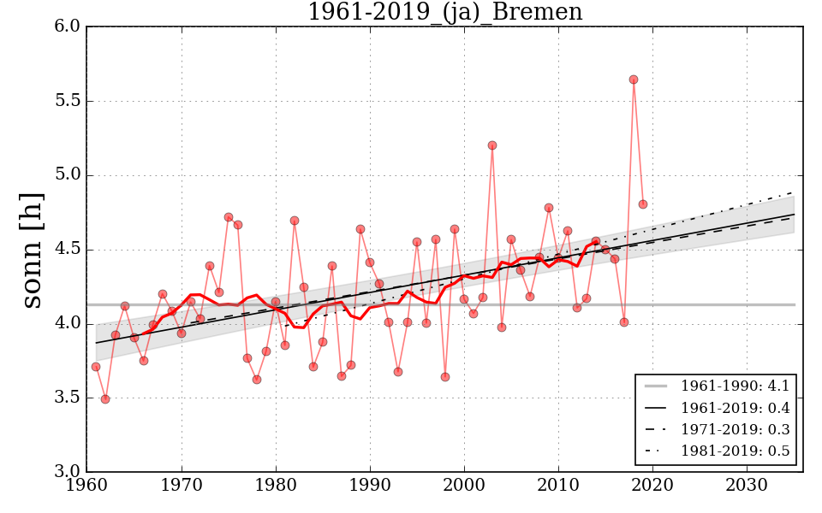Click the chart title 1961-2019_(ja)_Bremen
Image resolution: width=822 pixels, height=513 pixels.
(444, 13)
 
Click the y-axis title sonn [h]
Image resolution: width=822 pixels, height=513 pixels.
(32, 249)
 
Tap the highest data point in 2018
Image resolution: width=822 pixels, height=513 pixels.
(634, 80)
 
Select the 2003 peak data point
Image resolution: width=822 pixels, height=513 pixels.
(492, 145)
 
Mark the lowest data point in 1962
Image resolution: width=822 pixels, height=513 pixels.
(105, 399)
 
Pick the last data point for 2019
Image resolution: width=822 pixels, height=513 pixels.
(643, 204)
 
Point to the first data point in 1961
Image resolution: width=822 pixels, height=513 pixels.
(96, 367)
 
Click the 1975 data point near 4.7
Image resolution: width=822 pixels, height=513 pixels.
(229, 217)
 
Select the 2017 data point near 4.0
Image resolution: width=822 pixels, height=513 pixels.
(624, 322)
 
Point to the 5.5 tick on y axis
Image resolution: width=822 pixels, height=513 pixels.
(68, 101)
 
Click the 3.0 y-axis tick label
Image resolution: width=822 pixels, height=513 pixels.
(68, 472)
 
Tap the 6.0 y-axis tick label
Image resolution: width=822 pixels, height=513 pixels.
(68, 27)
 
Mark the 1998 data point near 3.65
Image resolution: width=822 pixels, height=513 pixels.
(445, 377)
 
